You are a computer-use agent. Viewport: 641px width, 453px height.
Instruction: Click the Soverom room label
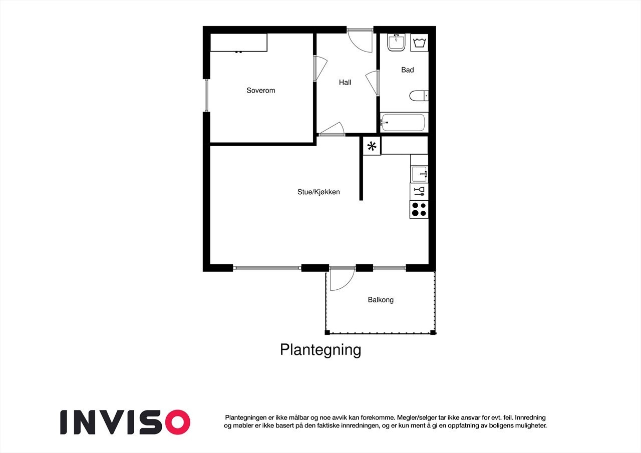261,91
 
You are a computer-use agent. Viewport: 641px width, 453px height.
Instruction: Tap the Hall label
345,83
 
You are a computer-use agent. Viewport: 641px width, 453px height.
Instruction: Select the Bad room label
408,70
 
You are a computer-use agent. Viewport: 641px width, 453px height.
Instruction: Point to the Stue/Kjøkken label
318,192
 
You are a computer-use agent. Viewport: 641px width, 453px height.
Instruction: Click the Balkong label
381,300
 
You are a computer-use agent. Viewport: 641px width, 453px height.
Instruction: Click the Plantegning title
320,349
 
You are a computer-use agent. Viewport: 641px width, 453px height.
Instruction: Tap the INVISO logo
125,422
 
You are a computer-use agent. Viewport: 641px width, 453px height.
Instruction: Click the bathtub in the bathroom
403,122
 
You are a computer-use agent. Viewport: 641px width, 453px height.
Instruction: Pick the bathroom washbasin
397,42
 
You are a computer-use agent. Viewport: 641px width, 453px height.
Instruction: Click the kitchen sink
419,174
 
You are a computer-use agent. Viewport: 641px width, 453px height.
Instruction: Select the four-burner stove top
419,209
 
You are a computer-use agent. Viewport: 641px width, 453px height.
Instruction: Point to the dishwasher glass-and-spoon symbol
419,191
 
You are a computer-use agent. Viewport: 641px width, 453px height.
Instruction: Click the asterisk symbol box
372,146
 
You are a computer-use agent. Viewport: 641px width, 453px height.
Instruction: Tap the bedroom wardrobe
238,43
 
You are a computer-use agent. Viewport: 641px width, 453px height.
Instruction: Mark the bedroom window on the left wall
206,95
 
